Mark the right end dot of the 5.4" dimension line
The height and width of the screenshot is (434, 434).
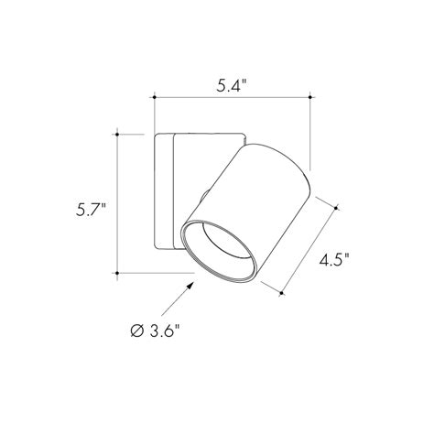click(314, 95)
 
